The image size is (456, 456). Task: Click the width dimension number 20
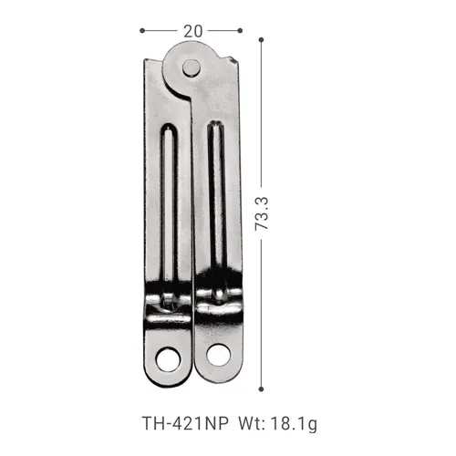[192, 30]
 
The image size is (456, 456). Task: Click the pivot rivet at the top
[191, 67]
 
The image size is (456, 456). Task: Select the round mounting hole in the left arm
[167, 359]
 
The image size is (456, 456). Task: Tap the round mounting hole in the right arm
[219, 357]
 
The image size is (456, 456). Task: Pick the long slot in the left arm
[171, 210]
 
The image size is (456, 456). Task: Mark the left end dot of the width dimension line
[143, 30]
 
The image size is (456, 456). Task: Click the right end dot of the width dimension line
[241, 30]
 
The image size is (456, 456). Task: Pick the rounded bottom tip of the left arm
[167, 379]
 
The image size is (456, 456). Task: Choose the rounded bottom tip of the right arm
[219, 379]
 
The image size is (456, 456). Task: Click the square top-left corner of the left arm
[146, 60]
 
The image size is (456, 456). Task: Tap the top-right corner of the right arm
[239, 60]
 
